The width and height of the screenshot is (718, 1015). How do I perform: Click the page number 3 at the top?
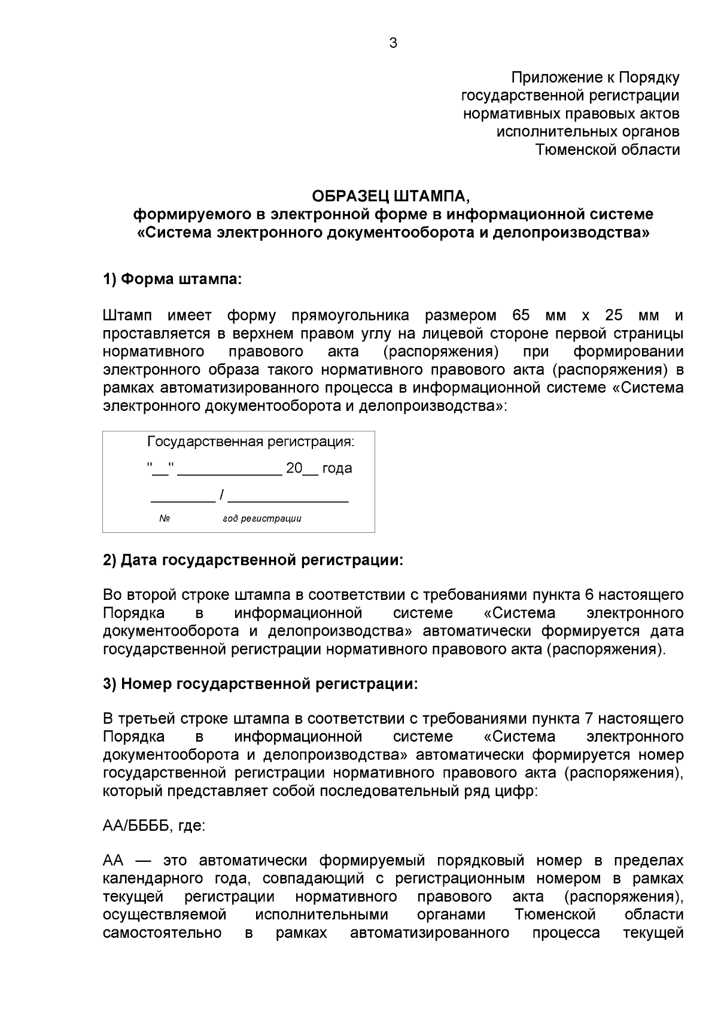tap(393, 43)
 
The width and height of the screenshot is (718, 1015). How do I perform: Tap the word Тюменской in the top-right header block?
tap(574, 150)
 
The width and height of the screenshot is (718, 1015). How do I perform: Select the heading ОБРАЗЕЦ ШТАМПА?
tap(393, 196)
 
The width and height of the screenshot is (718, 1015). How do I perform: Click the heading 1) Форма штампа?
tap(172, 279)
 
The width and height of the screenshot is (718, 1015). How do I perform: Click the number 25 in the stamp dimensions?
tap(614, 315)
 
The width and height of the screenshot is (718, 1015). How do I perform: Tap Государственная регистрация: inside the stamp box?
tap(251, 442)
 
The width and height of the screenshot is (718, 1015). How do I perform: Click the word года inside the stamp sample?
tap(337, 468)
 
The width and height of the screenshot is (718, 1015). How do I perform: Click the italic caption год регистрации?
tap(262, 519)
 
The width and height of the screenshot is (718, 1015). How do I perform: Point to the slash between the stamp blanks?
tap(221, 495)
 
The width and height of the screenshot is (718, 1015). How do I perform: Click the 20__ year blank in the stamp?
tap(302, 468)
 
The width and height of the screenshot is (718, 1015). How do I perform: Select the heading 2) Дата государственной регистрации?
tap(253, 560)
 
